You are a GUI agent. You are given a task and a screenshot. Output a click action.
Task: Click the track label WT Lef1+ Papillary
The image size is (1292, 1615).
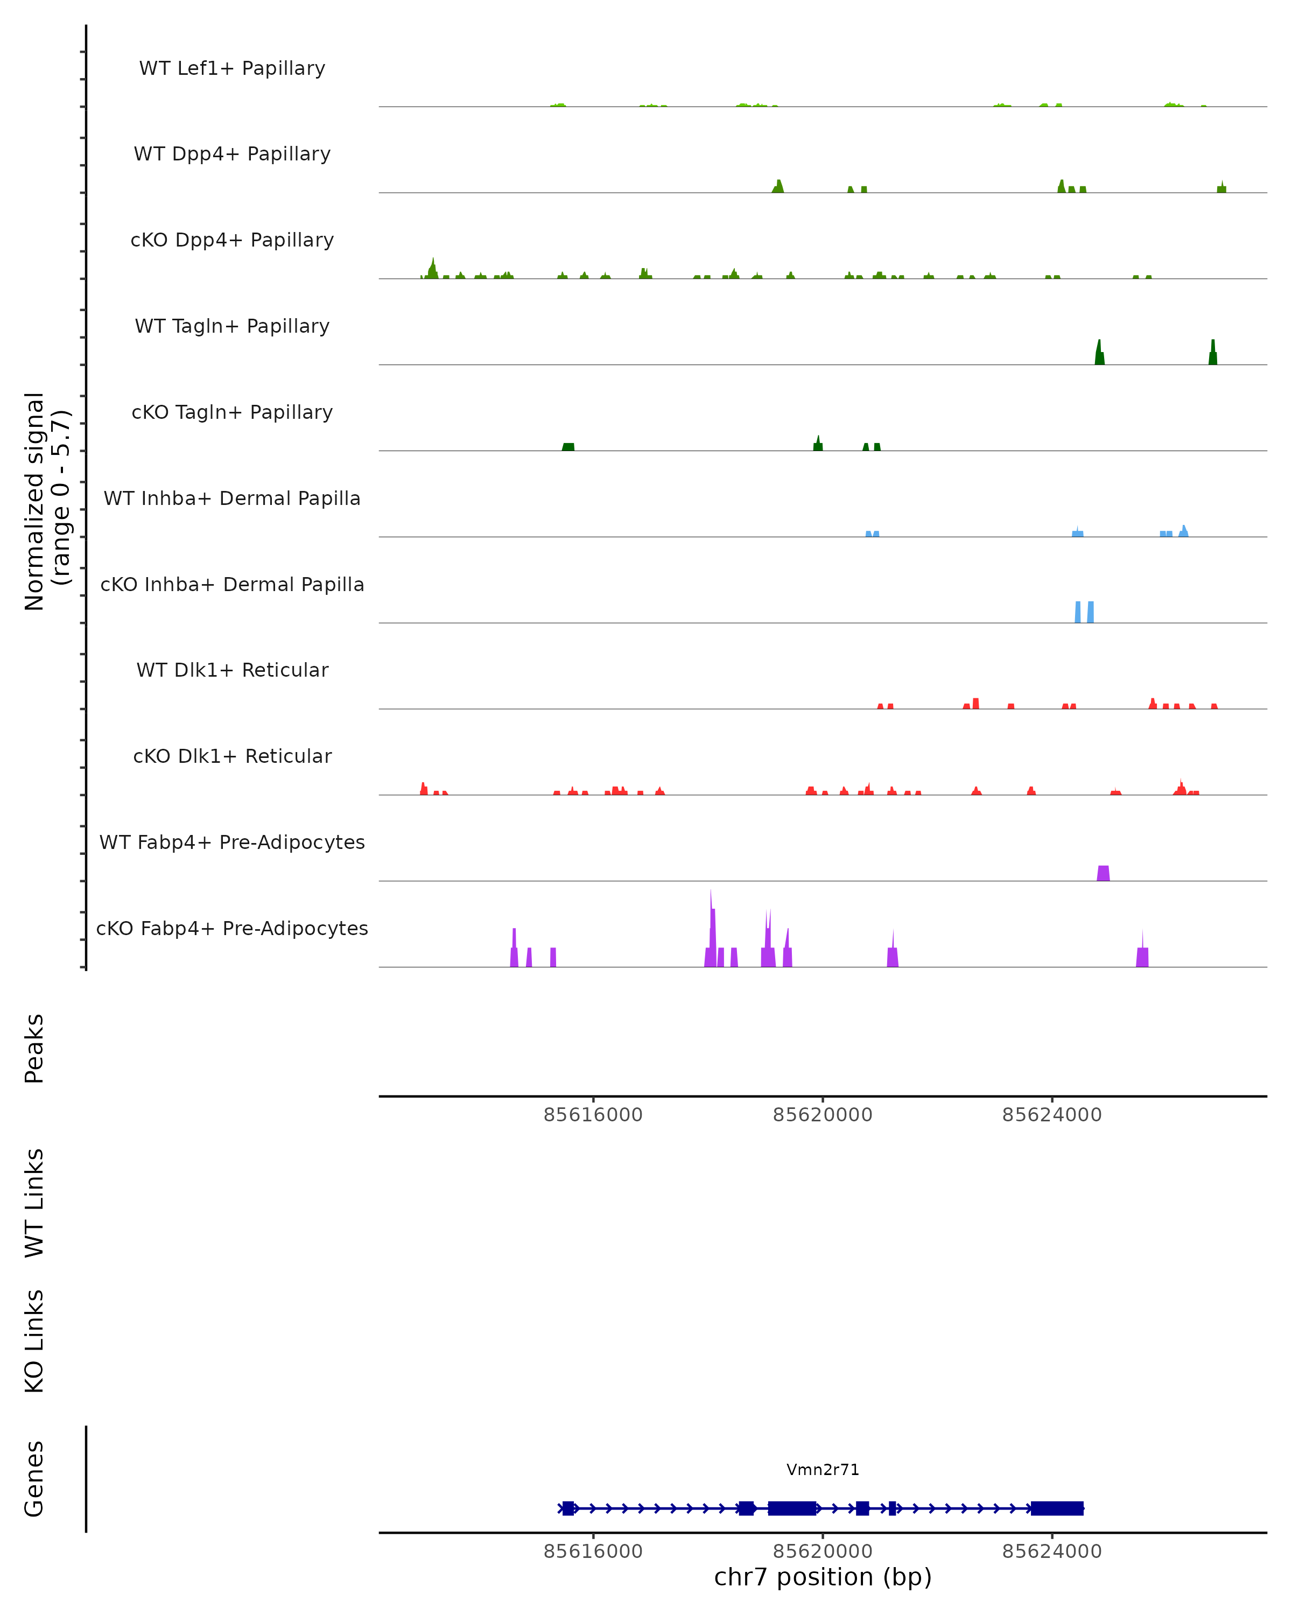pyautogui.click(x=232, y=69)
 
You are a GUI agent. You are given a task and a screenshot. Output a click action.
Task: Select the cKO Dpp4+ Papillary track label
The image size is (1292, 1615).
pyautogui.click(x=232, y=241)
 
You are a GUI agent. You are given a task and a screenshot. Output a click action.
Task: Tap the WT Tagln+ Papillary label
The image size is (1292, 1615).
pyautogui.click(x=232, y=327)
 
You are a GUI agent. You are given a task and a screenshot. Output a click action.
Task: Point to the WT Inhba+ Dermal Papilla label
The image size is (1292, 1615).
pyautogui.click(x=232, y=499)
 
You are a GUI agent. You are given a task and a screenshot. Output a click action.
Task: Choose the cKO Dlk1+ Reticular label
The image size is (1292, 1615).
pyautogui.click(x=232, y=756)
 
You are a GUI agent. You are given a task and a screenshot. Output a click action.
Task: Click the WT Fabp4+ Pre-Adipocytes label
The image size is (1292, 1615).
pyautogui.click(x=232, y=842)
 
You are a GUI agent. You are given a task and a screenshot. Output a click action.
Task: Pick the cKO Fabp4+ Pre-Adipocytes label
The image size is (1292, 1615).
pyautogui.click(x=232, y=929)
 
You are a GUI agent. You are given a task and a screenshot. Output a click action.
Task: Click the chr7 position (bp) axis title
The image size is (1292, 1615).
pyautogui.click(x=823, y=1577)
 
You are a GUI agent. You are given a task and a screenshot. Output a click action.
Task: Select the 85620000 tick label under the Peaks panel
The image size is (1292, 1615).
pyautogui.click(x=823, y=1115)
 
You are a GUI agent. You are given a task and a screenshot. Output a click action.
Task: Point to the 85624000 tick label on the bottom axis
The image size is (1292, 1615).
pyautogui.click(x=1051, y=1552)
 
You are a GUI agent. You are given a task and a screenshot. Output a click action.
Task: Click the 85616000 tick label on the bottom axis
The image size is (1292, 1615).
pyautogui.click(x=593, y=1552)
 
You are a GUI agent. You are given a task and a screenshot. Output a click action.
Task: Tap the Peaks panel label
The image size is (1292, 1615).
pyautogui.click(x=34, y=1048)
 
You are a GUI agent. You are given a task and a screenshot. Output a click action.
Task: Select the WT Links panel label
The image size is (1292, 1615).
pyautogui.click(x=34, y=1202)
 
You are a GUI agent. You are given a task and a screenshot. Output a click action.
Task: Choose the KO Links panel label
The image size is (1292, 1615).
pyautogui.click(x=34, y=1341)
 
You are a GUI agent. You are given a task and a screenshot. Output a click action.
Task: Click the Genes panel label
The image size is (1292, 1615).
pyautogui.click(x=34, y=1479)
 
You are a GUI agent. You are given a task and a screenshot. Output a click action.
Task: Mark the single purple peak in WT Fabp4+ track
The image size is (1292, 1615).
pyautogui.click(x=1103, y=873)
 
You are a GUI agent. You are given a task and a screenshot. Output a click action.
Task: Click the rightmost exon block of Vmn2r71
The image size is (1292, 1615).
pyautogui.click(x=1057, y=1508)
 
